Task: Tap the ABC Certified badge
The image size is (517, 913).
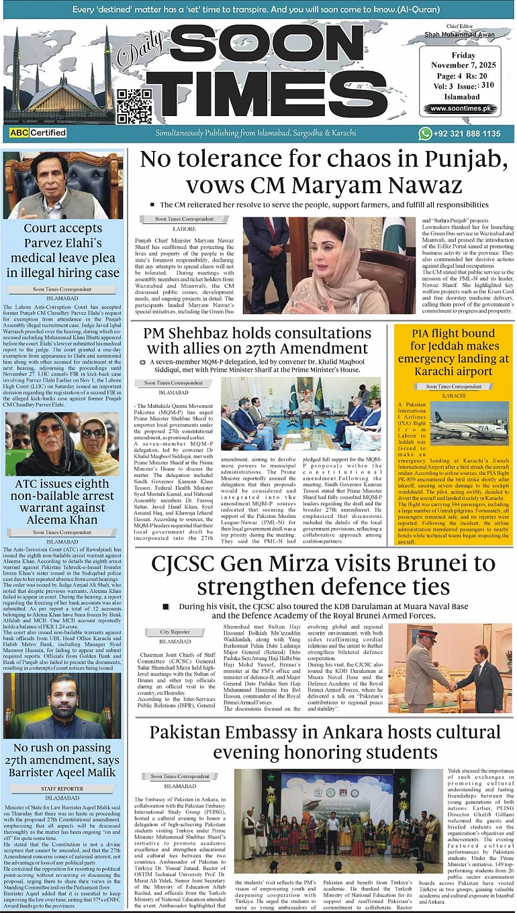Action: point(38,133)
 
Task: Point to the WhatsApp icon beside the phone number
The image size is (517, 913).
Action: point(425,133)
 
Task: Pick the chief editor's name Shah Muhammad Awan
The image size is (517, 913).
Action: point(459,34)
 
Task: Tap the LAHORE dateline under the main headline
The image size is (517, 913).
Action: point(185,229)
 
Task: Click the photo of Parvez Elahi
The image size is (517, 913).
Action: point(62,185)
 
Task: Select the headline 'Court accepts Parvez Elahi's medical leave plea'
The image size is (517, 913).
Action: point(62,250)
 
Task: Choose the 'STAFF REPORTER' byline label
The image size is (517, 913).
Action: point(62,789)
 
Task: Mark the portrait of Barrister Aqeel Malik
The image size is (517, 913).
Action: point(62,705)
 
